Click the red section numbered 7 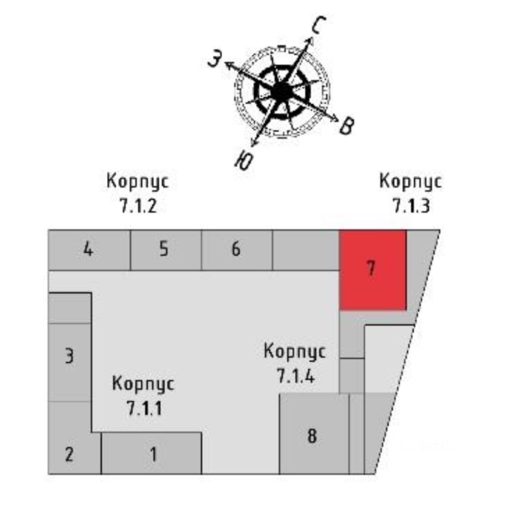372,270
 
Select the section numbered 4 89,250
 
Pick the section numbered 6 237,250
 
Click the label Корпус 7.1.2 137,193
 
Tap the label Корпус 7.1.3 410,193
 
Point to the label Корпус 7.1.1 144,395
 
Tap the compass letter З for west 214,60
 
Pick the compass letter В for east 347,126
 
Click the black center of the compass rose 282,92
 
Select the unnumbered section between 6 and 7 306,250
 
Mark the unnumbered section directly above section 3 69,308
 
